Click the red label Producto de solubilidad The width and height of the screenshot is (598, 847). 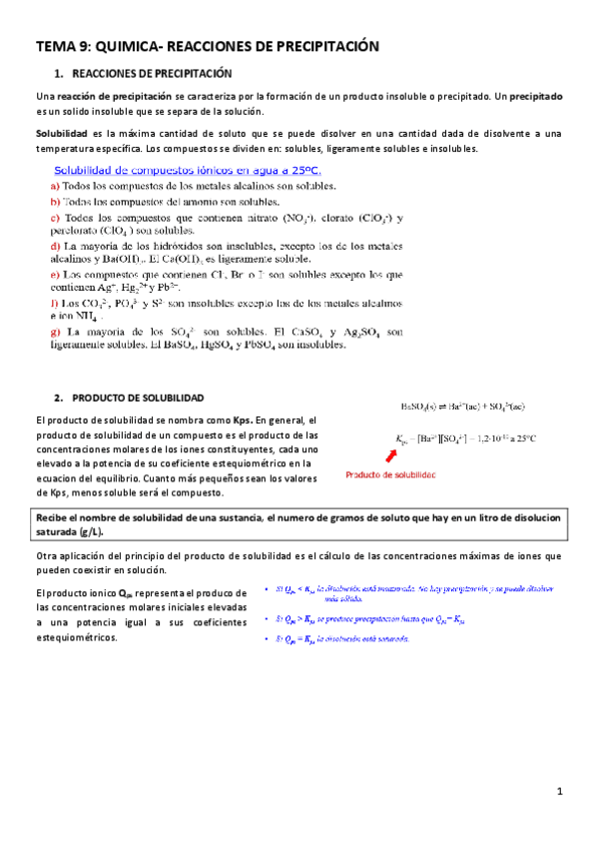tap(391, 475)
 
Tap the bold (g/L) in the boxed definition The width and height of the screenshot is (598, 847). tap(91, 532)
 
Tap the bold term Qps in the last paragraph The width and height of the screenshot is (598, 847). tap(125, 593)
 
